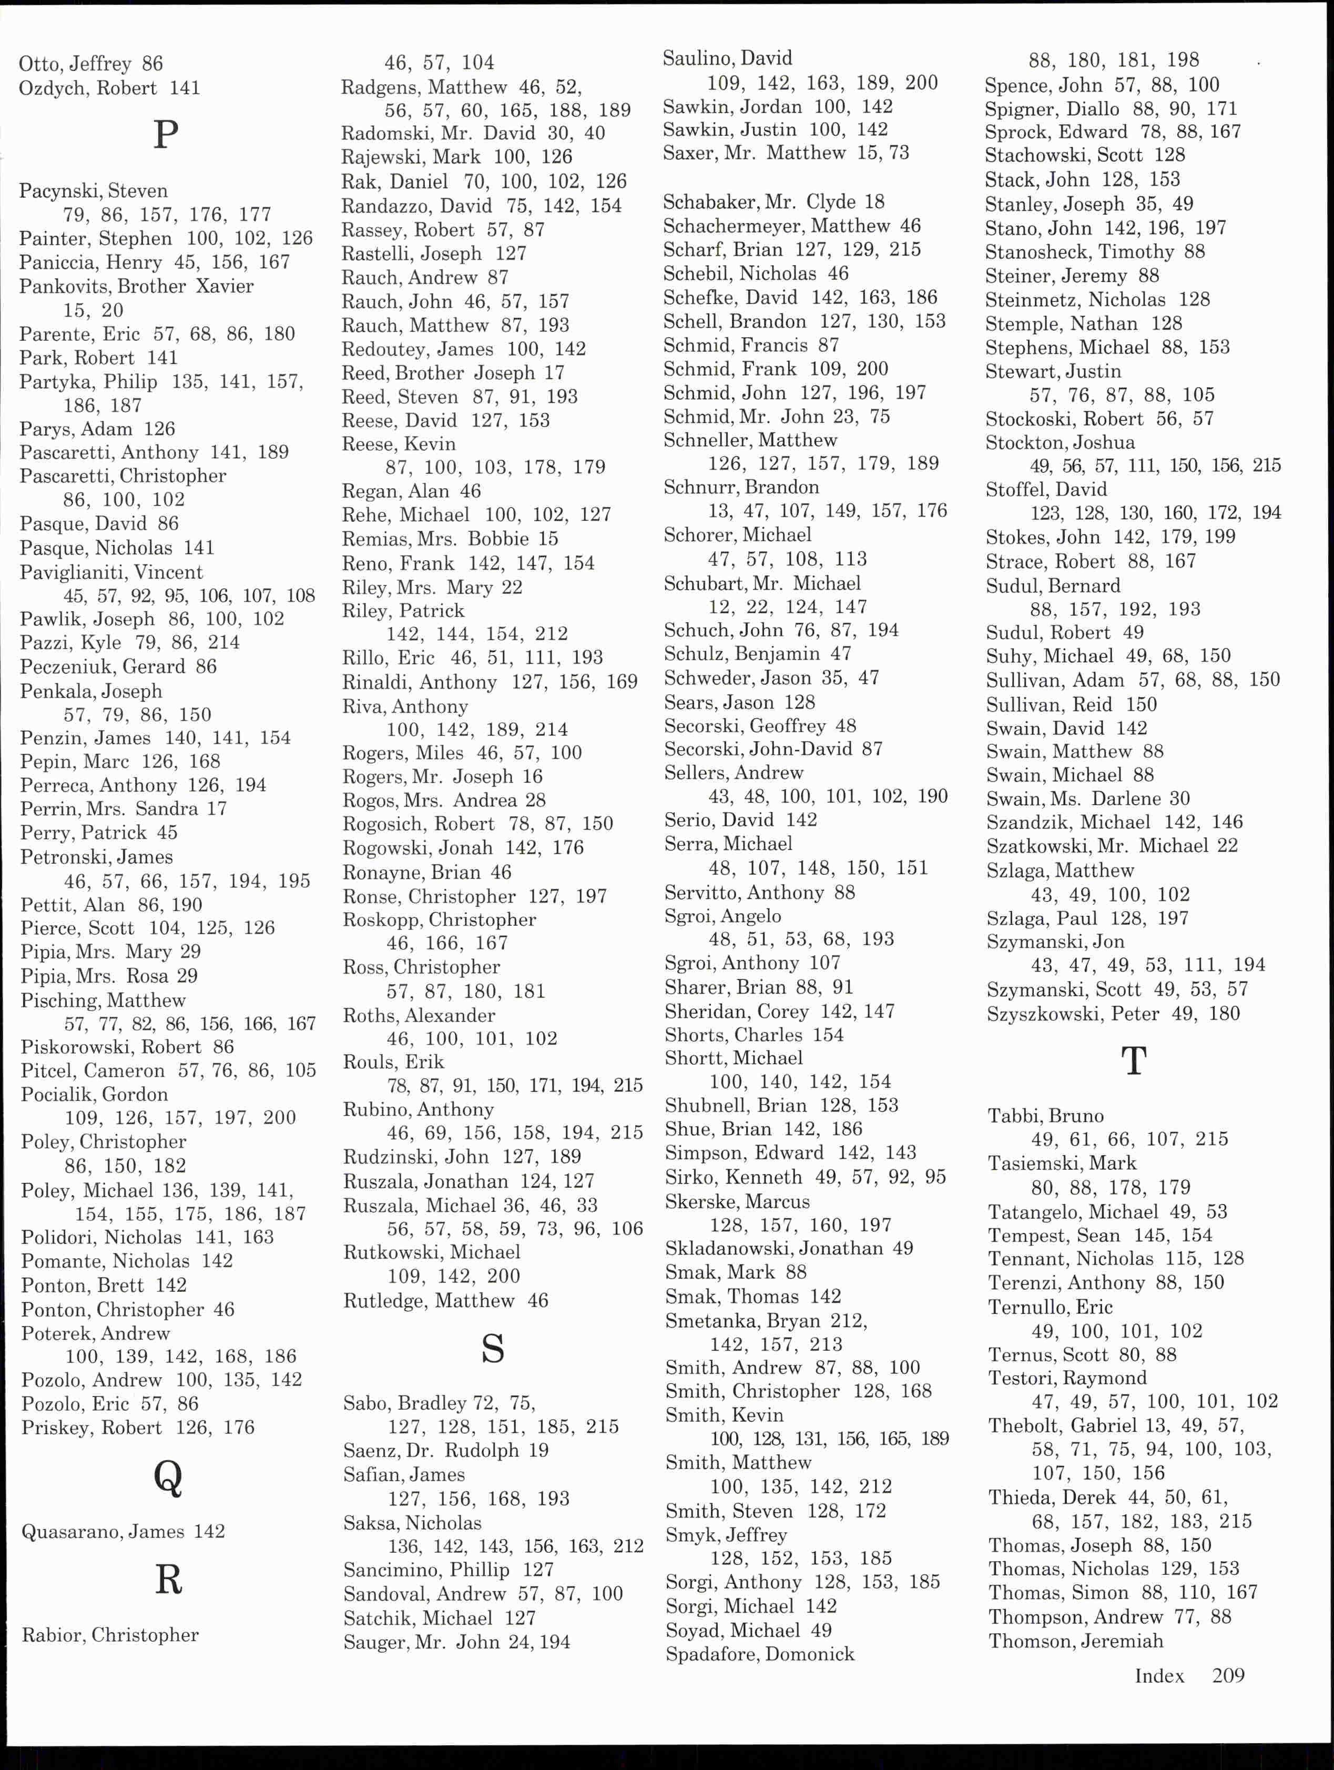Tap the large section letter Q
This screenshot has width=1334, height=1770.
(168, 1478)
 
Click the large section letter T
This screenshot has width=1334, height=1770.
(1134, 1061)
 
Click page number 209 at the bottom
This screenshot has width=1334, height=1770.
(1228, 1675)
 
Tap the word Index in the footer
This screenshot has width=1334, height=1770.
(1159, 1675)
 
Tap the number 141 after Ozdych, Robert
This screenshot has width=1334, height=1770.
(185, 88)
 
